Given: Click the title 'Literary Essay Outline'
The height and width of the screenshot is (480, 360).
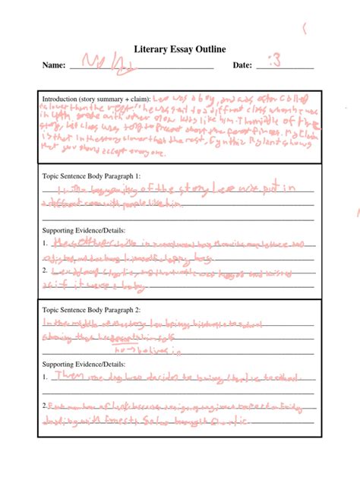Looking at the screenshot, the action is (x=179, y=50).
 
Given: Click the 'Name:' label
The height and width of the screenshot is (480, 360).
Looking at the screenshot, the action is (x=55, y=65).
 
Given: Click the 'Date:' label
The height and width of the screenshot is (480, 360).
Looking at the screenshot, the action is (x=242, y=65).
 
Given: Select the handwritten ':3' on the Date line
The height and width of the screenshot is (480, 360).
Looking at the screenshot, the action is (x=275, y=62).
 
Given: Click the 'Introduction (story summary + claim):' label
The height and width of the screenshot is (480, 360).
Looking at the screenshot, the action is (x=96, y=99).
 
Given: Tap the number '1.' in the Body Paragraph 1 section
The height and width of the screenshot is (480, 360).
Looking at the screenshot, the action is (x=46, y=244).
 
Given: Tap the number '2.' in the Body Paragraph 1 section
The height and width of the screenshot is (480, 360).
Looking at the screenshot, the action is (x=46, y=270).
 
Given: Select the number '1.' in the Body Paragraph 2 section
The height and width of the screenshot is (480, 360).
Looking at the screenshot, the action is (x=46, y=376).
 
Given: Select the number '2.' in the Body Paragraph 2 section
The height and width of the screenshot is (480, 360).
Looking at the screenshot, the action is (x=46, y=405).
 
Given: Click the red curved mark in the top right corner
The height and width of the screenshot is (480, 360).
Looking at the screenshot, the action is (x=305, y=30).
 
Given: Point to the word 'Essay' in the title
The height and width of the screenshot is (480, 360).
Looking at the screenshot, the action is (x=180, y=50).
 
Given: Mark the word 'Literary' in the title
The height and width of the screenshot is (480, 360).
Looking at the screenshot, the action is (x=149, y=50).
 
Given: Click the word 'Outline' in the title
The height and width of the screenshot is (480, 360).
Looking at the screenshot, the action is (x=212, y=50).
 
